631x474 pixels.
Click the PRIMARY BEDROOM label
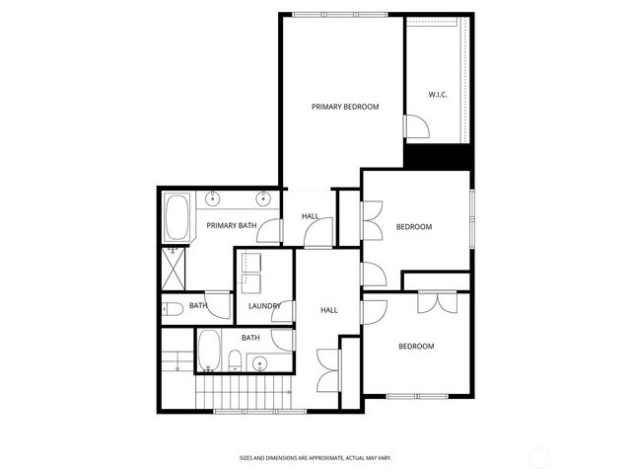(x=345, y=107)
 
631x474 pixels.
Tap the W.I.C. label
(x=439, y=95)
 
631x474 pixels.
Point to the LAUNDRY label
(x=264, y=306)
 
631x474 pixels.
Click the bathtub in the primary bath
(x=178, y=219)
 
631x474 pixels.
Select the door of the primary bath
(x=276, y=230)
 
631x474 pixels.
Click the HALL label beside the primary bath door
(x=310, y=216)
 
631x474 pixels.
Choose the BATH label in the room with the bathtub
(x=251, y=338)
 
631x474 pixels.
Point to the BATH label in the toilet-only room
(x=198, y=306)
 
